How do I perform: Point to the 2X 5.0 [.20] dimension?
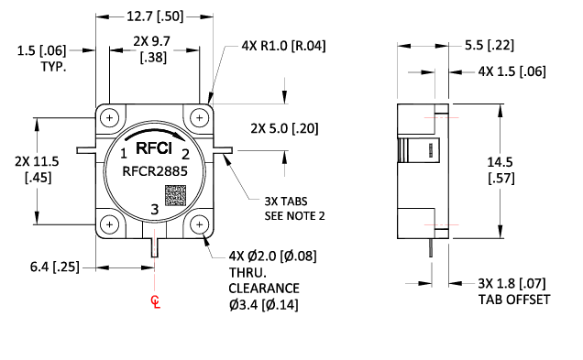click(283, 127)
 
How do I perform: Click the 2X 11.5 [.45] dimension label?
click(38, 169)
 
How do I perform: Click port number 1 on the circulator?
click(124, 153)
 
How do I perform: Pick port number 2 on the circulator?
click(185, 153)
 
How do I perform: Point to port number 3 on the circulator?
click(154, 211)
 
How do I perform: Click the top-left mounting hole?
click(110, 118)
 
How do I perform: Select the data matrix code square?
click(175, 195)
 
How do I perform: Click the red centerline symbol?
click(155, 303)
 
